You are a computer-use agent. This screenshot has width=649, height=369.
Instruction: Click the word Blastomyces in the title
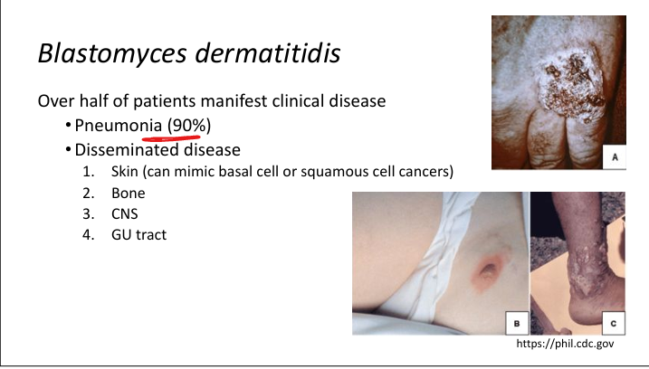pos(112,53)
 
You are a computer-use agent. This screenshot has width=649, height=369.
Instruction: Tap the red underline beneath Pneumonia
pos(171,137)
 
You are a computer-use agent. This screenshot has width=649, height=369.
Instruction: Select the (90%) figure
pos(189,125)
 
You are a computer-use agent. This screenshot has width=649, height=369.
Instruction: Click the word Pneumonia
pos(118,126)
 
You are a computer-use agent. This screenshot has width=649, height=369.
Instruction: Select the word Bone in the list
pos(128,194)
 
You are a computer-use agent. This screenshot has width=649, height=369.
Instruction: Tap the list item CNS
pos(124,213)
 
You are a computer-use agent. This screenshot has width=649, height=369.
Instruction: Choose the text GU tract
pos(138,235)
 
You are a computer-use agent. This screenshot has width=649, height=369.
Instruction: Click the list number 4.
pos(88,235)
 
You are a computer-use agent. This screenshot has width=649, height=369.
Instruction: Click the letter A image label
pos(615,157)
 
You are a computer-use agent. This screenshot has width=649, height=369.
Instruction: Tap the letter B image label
pos(517,323)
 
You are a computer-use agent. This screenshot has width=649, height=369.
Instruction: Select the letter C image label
pos(614,323)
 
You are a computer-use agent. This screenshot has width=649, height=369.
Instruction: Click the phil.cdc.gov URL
pos(565,344)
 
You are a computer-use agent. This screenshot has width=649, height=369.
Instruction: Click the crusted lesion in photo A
pos(573,88)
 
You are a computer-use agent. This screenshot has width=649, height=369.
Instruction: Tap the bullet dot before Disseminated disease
pos(68,149)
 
